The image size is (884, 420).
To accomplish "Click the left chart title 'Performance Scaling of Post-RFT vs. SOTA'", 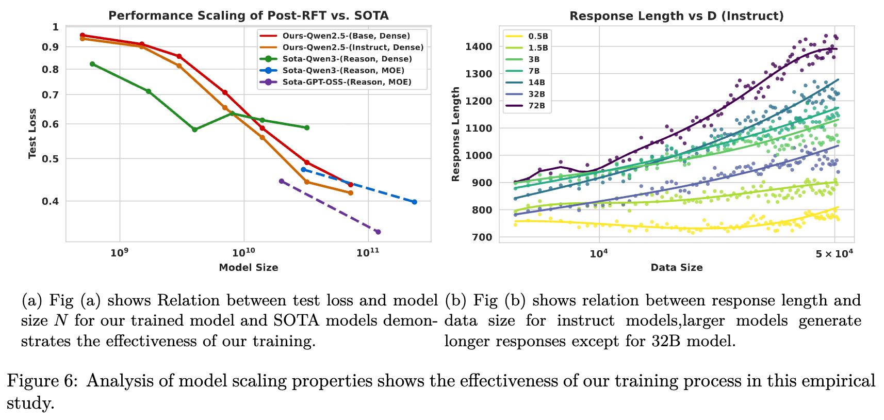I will (248, 15).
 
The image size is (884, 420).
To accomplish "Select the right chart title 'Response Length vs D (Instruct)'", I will (676, 16).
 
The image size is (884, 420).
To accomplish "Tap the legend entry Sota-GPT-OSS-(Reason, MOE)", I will (347, 82).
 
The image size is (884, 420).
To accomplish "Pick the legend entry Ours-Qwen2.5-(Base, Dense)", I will (346, 36).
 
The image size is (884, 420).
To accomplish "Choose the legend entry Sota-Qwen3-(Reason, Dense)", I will (347, 59).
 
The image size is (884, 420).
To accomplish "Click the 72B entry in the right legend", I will (536, 106).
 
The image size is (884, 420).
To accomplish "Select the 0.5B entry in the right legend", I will (538, 36).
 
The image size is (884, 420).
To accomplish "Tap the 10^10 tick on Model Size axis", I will (243, 253).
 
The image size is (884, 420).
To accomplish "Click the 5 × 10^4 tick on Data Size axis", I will (833, 253).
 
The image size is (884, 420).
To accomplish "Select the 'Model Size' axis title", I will (248, 267).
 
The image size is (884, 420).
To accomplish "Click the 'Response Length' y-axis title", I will (455, 134).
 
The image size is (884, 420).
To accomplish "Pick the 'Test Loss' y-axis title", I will (32, 134).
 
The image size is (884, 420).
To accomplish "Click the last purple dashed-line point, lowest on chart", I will (378, 232).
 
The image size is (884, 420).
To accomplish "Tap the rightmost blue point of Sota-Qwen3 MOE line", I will (414, 202).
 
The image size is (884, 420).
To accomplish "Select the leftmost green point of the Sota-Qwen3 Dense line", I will (92, 64).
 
